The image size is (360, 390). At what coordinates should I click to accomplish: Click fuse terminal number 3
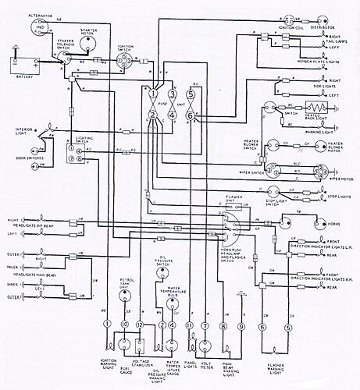click(173, 94)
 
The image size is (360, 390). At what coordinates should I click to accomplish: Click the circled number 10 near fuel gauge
click(123, 324)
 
